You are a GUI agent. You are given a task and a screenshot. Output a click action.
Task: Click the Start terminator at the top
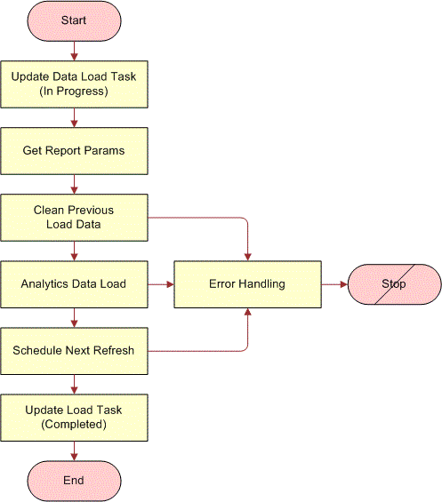[x=74, y=20]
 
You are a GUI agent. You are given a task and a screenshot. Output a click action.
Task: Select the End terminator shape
[x=74, y=481]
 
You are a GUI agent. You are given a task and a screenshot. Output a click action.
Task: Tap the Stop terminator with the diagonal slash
[x=393, y=284]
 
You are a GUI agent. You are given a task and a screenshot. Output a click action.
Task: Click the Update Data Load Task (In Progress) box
[x=74, y=84]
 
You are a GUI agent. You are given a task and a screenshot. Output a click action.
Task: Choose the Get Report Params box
[x=74, y=151]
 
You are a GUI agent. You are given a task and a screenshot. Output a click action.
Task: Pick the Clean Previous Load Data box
[x=74, y=218]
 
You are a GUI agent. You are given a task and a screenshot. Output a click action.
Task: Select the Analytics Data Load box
[x=74, y=284]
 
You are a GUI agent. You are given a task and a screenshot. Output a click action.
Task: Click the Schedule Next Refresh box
[x=74, y=350]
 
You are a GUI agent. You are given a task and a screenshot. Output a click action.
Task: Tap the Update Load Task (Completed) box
[x=74, y=417]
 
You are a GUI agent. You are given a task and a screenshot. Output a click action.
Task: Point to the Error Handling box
[x=247, y=284]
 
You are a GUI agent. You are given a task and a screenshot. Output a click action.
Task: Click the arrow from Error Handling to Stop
[x=334, y=284]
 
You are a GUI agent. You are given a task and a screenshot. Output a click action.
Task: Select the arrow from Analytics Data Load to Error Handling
[x=160, y=284]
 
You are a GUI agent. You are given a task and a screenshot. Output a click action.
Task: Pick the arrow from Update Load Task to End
[x=74, y=450]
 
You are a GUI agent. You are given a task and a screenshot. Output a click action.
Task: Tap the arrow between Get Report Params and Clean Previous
[x=74, y=184]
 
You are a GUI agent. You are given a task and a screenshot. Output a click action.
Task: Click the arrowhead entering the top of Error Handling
[x=247, y=256]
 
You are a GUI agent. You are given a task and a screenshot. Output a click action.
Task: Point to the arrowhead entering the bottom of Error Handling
[x=247, y=313]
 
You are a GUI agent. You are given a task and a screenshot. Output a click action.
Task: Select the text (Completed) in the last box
[x=74, y=425]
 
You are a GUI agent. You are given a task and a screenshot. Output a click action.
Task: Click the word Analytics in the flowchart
[x=46, y=284]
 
